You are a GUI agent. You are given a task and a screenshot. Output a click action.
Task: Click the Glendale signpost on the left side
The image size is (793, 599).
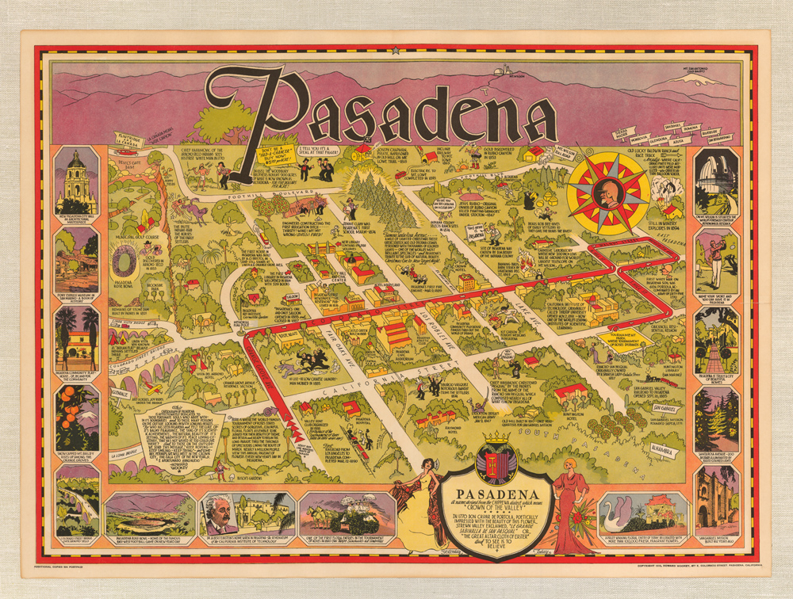click(120, 391)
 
